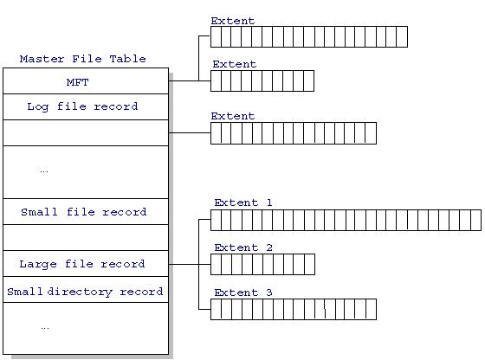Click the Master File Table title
(82, 59)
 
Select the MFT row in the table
(86, 81)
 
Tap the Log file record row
(86, 107)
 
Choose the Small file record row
(86, 212)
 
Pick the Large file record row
(86, 264)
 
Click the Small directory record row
(86, 290)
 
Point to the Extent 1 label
(243, 202)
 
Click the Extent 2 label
(243, 247)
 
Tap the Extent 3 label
(243, 292)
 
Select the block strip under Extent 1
(346, 220)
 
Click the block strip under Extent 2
(262, 264)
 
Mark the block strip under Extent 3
(294, 309)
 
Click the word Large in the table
(38, 264)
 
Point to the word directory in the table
(80, 292)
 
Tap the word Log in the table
(38, 107)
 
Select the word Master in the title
(42, 59)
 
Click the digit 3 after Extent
(269, 292)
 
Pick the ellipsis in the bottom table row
(45, 328)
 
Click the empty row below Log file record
(86, 133)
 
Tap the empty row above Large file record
(86, 238)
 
